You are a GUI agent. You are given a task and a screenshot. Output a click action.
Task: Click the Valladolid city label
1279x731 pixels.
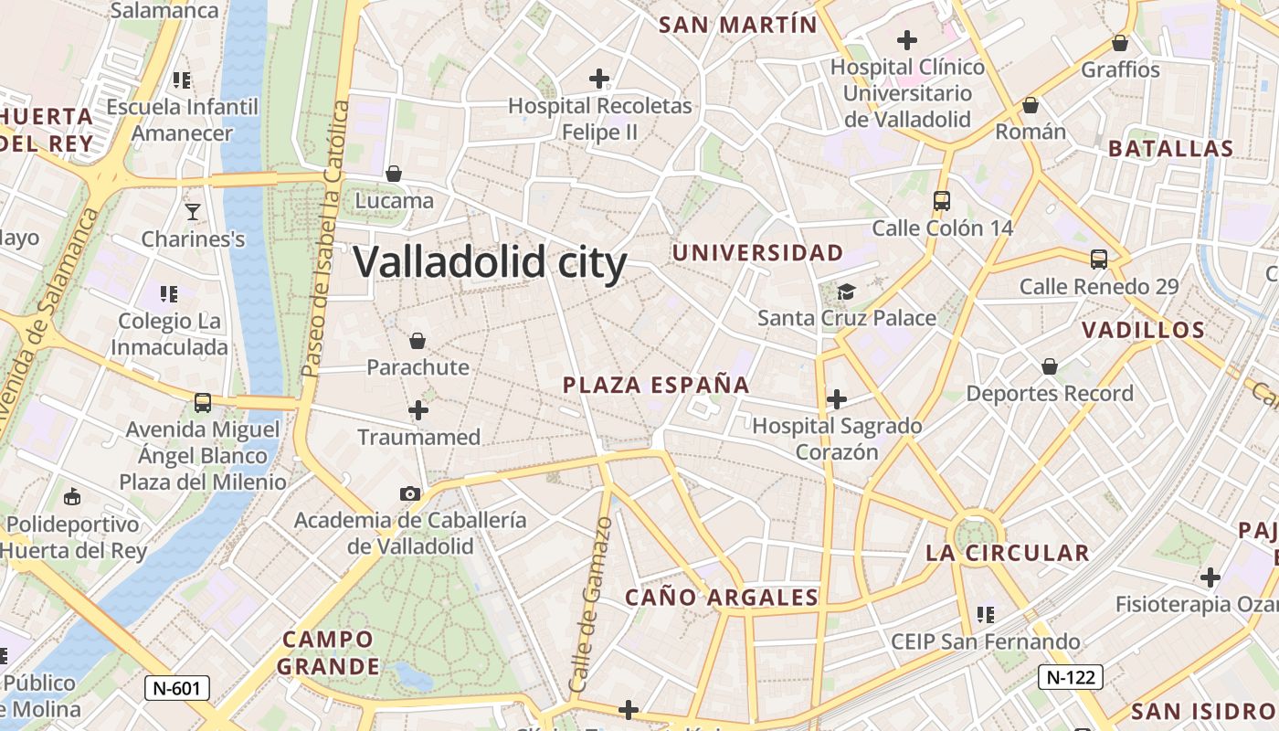pos(490,263)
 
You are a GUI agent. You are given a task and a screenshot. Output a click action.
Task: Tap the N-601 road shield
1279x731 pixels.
pos(177,688)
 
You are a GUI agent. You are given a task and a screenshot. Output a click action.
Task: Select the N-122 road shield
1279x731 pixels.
pos(1071,677)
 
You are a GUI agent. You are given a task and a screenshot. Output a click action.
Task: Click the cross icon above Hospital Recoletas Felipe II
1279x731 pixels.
pos(599,79)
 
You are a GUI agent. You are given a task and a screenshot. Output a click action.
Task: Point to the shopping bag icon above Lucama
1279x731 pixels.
pos(394,173)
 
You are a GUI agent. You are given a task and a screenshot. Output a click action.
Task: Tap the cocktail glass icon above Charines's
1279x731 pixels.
pos(192,212)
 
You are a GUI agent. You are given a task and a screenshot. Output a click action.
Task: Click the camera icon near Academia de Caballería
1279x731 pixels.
pos(410,493)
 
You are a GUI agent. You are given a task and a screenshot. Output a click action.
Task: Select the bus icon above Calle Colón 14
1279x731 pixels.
pos(942,201)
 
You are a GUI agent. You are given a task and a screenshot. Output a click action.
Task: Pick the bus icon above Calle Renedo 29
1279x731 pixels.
pos(1099,260)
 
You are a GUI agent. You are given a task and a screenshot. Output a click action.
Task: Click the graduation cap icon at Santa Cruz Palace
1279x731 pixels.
pos(847,291)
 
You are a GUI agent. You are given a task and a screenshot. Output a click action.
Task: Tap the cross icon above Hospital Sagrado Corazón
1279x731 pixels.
pos(836,399)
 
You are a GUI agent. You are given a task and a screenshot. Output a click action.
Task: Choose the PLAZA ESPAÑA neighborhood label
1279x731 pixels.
pos(656,386)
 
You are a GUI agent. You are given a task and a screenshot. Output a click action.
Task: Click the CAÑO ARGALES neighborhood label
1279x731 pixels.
pos(722,599)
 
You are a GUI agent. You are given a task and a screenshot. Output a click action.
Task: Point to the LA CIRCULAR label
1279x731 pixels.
pos(1008,553)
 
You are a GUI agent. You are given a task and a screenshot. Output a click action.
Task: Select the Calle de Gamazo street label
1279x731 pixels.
pos(590,604)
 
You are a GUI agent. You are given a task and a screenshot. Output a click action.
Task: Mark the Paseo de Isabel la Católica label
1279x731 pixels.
pos(326,239)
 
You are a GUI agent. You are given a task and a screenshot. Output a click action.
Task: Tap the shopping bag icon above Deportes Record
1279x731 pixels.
pos(1050,366)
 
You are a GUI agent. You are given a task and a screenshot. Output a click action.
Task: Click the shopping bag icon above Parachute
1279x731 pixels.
pos(418,341)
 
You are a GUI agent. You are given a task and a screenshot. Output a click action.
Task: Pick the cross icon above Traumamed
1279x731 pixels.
pos(418,410)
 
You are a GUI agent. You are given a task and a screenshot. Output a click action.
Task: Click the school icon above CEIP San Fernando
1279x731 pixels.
pos(985,614)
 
